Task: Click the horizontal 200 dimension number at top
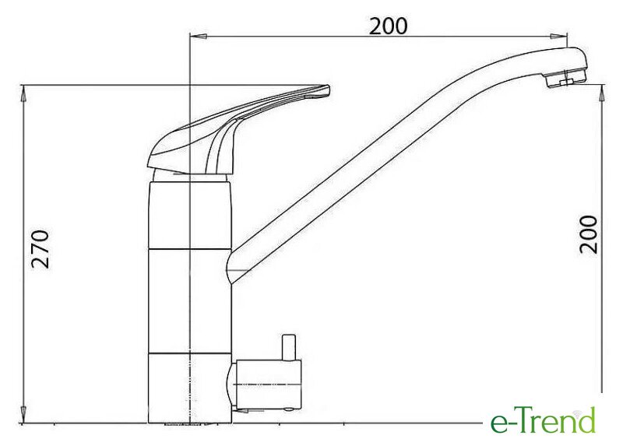click(388, 26)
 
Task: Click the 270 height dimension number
click(41, 249)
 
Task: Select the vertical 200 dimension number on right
click(589, 234)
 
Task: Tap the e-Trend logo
click(544, 420)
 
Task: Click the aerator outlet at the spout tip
click(565, 81)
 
